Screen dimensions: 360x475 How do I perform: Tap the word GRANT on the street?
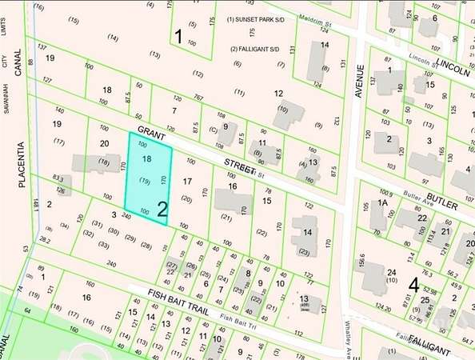(150, 131)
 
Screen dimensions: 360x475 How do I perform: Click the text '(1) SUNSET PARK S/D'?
(257, 18)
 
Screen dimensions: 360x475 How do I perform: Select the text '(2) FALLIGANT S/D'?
(255, 49)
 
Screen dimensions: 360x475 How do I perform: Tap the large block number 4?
(413, 284)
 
